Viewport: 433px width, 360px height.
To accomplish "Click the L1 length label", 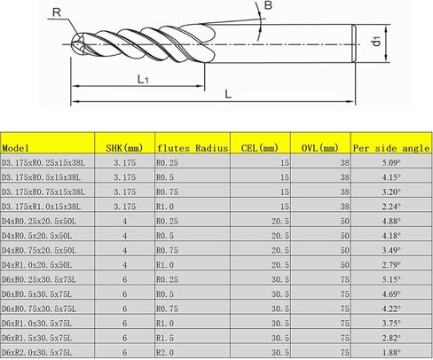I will (x=141, y=79).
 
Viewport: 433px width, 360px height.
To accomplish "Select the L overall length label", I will (x=229, y=92).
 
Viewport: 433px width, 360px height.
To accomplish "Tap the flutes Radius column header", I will (x=193, y=148).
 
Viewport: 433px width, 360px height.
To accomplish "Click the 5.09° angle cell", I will (x=390, y=163).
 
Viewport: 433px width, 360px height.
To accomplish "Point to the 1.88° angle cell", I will (x=390, y=353).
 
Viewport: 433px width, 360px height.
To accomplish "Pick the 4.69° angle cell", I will (x=390, y=294).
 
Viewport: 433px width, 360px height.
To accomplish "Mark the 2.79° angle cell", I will (x=390, y=265).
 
